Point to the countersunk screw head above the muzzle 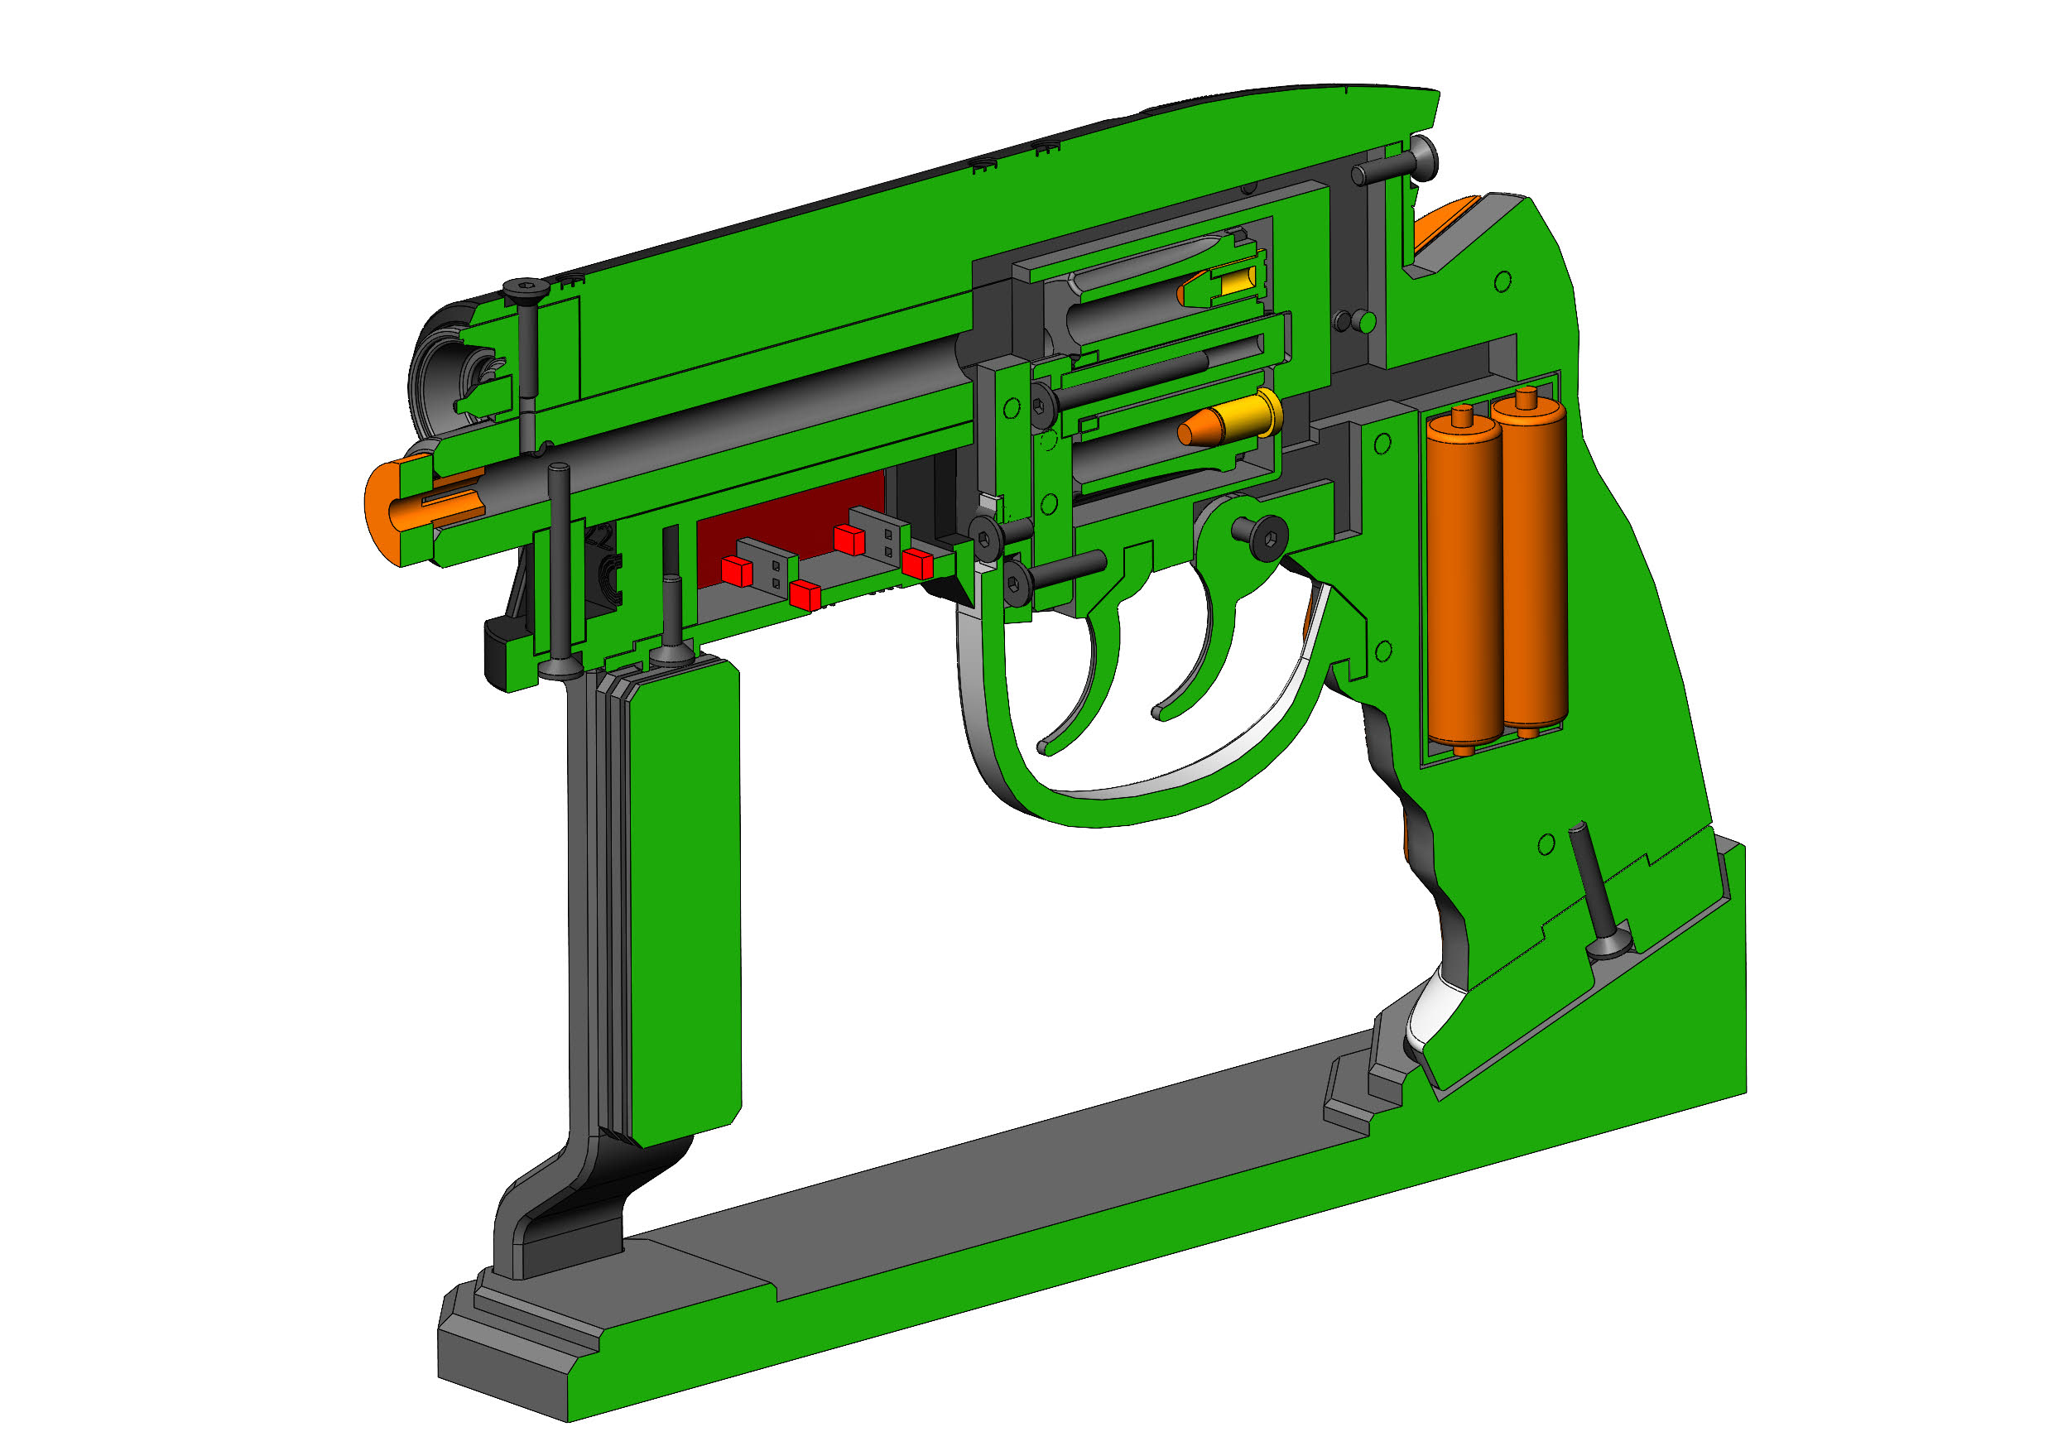[x=525, y=288]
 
